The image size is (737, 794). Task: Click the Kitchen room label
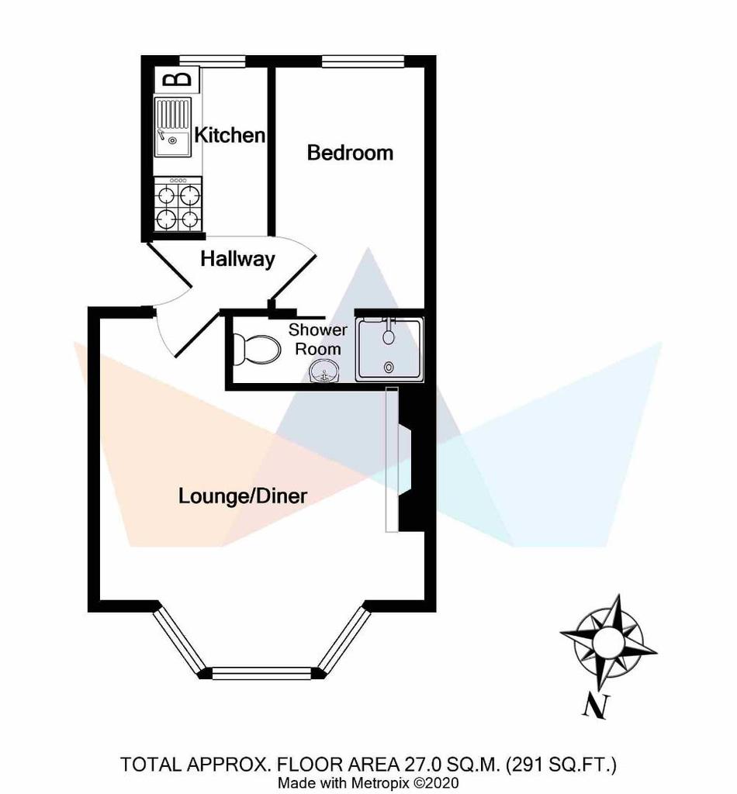(230, 135)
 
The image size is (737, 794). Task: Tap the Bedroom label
(350, 153)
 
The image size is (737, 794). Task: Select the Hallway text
(237, 259)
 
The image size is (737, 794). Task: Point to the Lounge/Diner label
(243, 495)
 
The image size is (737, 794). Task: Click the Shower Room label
(318, 340)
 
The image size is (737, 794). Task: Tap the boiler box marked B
(177, 80)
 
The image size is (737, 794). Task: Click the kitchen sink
(173, 126)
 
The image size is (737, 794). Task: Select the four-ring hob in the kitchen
(178, 205)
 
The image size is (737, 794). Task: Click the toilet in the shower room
(257, 350)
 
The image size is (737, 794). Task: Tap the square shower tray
(389, 349)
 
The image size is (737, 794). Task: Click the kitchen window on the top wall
(213, 60)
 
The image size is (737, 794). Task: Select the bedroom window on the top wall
(362, 60)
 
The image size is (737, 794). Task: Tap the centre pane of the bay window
(261, 673)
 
